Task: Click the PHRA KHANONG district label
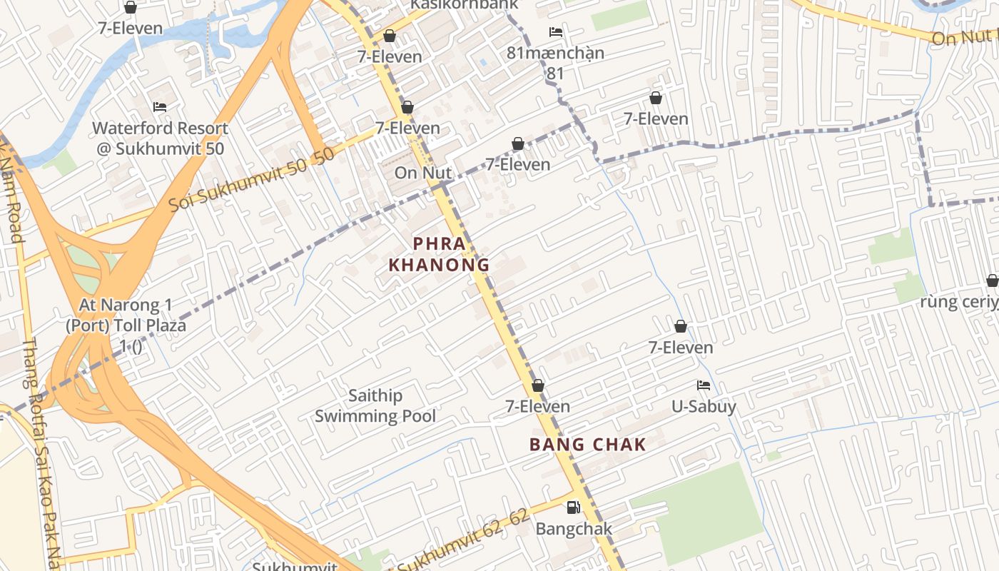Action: click(x=439, y=254)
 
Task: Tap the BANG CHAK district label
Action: click(x=587, y=445)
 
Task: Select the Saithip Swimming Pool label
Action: click(x=375, y=405)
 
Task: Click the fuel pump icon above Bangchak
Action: click(x=573, y=507)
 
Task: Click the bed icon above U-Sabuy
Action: click(x=704, y=385)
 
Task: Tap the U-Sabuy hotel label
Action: click(x=704, y=407)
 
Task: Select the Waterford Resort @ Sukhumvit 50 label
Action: click(x=160, y=138)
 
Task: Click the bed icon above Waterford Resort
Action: click(x=160, y=107)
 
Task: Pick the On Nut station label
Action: click(x=423, y=173)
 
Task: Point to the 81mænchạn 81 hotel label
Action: click(x=555, y=62)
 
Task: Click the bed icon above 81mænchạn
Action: click(x=555, y=32)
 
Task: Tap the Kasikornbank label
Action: click(x=463, y=4)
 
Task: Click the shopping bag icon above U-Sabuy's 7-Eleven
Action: click(x=681, y=326)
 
